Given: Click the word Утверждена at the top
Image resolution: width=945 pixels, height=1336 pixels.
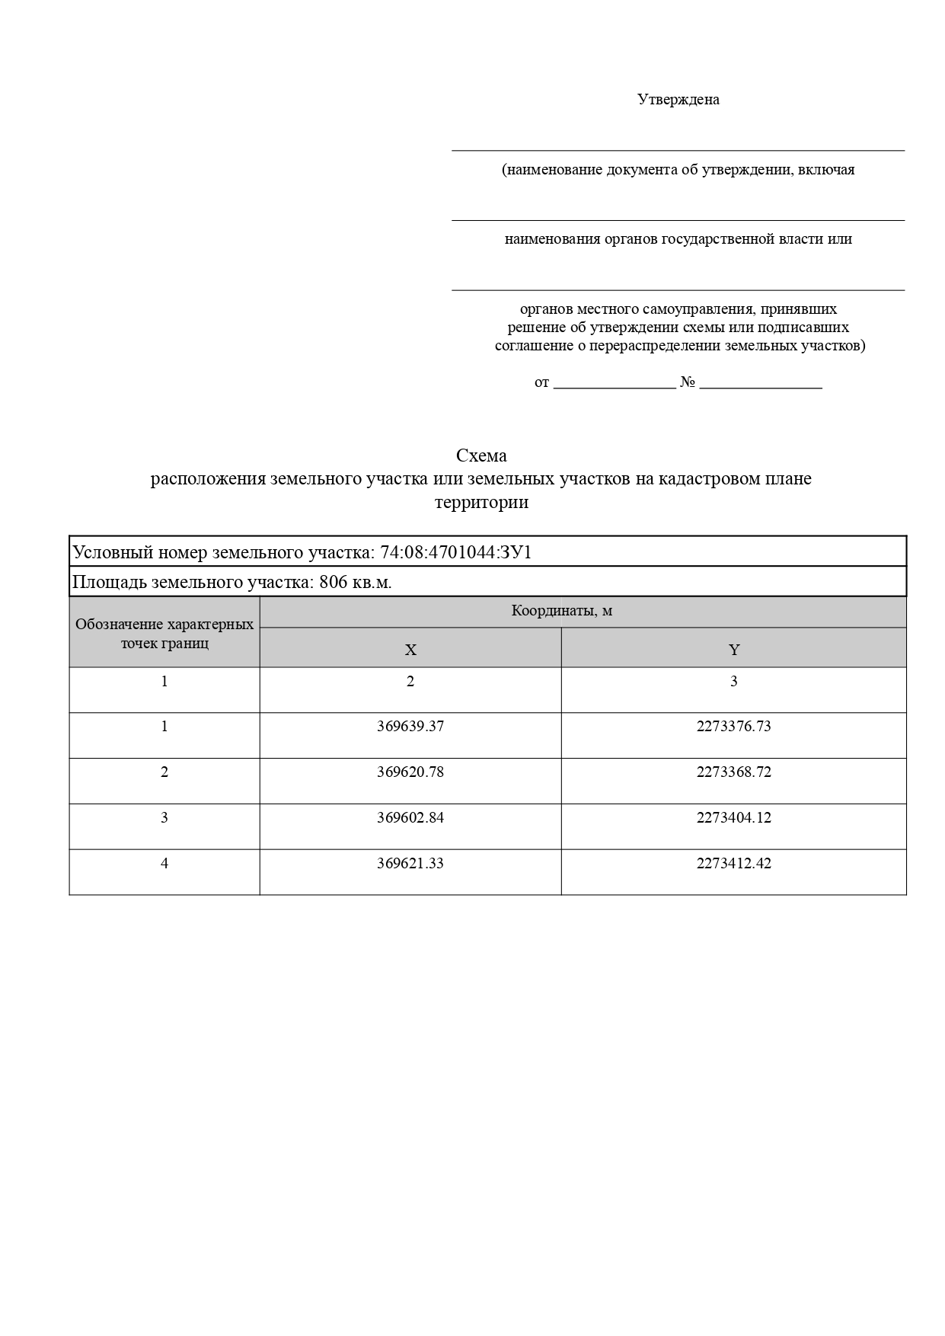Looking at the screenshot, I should coord(678,100).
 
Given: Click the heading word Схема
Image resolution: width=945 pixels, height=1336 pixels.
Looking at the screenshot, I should coord(481,455).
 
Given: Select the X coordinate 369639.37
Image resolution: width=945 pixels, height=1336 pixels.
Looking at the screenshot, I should coord(410,727).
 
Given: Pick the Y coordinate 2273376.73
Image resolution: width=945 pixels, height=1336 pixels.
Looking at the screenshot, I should coord(733,727).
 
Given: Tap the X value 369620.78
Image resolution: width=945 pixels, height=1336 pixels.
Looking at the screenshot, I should coord(410,772).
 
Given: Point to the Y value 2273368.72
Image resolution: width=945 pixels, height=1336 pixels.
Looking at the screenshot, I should coord(733,772).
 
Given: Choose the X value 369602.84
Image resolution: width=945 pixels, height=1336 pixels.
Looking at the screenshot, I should coord(410,818).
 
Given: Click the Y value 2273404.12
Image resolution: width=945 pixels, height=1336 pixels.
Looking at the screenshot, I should coord(733,818).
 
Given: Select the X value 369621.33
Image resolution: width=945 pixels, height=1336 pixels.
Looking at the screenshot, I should coord(410,864).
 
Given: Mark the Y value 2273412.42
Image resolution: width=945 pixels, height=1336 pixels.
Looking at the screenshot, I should coord(733,864).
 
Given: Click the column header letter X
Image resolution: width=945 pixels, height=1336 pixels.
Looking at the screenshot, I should coord(410,650).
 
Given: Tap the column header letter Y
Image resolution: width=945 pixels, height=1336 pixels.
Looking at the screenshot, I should coord(734,650).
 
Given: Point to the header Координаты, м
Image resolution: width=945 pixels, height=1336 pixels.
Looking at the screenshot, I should coord(562,611).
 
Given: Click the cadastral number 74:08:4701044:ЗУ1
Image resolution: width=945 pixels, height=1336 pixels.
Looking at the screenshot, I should coord(455,552).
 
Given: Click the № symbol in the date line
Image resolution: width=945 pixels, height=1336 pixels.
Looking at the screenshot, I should coord(688,382).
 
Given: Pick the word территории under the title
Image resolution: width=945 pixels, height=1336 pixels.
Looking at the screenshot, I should coord(481,503).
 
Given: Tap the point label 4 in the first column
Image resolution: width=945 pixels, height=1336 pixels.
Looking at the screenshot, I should coord(164,864).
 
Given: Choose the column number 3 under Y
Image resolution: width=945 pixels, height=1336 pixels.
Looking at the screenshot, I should coord(733,682).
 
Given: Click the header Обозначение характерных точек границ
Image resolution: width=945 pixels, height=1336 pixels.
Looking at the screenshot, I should coord(164,634).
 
